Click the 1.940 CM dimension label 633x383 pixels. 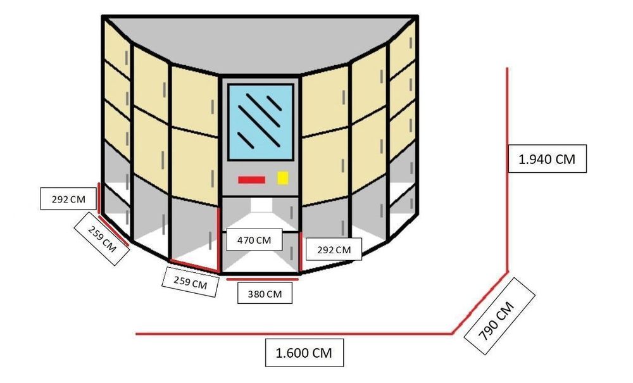(x=547, y=159)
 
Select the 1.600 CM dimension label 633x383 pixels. (x=304, y=353)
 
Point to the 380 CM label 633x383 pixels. (x=265, y=294)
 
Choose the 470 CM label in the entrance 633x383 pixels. (x=254, y=240)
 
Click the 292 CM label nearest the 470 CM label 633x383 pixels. (x=334, y=250)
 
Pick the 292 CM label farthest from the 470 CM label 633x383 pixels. (x=68, y=199)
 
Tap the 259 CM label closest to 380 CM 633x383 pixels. (x=190, y=282)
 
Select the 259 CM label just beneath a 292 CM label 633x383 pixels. (x=102, y=239)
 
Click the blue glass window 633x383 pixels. (x=261, y=122)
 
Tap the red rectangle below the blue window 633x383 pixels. (x=251, y=180)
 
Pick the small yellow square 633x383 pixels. (x=282, y=178)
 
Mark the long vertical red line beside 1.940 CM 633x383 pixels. (x=508, y=170)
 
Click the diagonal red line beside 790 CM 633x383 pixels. (x=480, y=303)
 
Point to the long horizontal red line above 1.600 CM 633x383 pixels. (x=294, y=334)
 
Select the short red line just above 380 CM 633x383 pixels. (x=263, y=279)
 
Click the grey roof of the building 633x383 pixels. (x=260, y=42)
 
